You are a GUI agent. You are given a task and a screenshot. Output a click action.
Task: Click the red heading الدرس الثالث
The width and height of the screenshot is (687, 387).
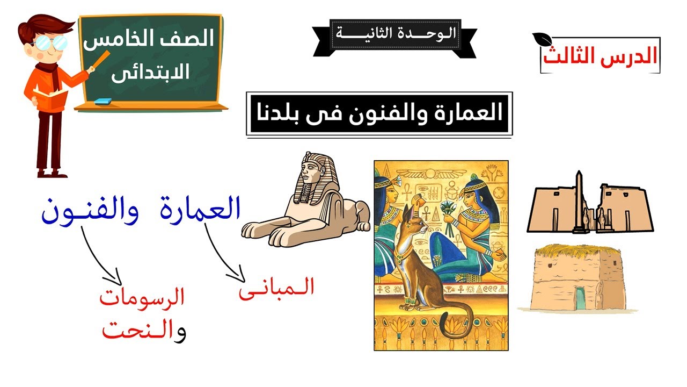tap(600, 56)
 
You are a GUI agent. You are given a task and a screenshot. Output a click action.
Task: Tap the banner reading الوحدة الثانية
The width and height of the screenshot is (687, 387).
tap(395, 33)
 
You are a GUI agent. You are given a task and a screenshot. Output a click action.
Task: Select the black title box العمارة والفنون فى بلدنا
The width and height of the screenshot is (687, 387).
tap(379, 113)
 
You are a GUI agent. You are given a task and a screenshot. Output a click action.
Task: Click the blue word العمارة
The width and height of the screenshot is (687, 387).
tap(200, 210)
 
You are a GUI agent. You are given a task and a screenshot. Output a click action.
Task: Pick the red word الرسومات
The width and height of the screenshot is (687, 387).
tap(142, 298)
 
